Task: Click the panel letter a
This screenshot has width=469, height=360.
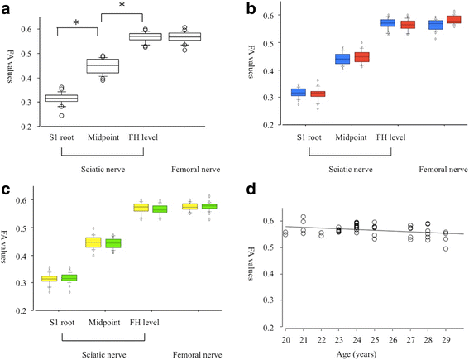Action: [7, 7]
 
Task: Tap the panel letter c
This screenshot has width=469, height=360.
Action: [7, 189]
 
